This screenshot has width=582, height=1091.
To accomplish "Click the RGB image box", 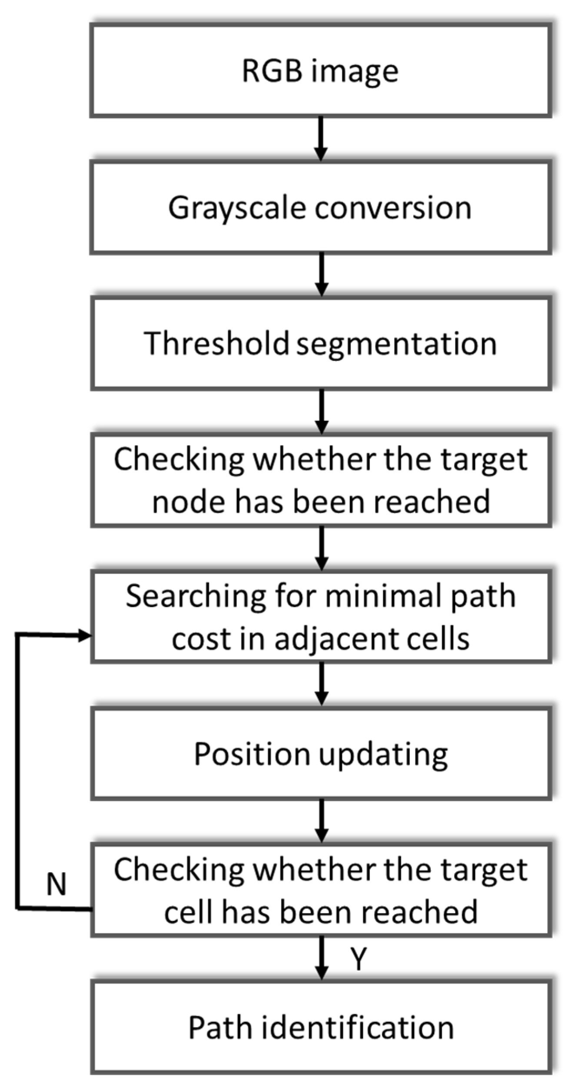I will [321, 71].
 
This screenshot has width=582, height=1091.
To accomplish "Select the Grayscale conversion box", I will [321, 207].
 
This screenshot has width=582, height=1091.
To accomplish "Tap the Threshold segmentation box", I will [321, 344].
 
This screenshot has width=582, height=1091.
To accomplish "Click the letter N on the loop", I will [56, 884].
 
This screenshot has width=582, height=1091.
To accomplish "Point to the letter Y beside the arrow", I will [359, 959].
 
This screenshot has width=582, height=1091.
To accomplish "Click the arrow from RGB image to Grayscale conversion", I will [321, 138].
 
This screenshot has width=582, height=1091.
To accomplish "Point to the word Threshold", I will [216, 344].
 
